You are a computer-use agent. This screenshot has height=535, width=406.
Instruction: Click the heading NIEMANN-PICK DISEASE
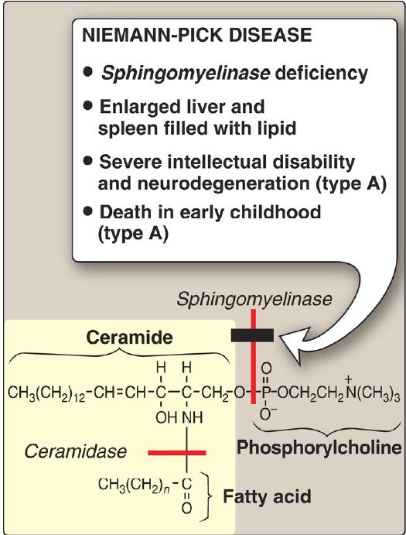197,35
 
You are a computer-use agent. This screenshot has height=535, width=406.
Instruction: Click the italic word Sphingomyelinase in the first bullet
186,74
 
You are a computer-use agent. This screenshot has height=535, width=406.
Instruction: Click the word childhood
275,212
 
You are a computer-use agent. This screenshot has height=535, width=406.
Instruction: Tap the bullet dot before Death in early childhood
88,212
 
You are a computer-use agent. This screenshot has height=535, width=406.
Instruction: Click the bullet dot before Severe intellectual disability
88,161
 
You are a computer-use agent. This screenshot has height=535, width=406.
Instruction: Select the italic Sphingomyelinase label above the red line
254,300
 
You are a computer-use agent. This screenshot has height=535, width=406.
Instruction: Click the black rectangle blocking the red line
252,335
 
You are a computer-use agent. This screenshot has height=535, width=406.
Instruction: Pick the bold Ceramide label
130,337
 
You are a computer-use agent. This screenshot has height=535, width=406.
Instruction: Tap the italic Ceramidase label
76,451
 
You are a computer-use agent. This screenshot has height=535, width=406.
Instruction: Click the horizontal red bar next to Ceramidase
177,453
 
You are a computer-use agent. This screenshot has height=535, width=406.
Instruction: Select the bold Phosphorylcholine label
319,448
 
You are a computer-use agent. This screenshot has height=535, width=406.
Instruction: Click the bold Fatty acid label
267,496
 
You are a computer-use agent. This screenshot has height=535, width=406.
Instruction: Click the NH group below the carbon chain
193,417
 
